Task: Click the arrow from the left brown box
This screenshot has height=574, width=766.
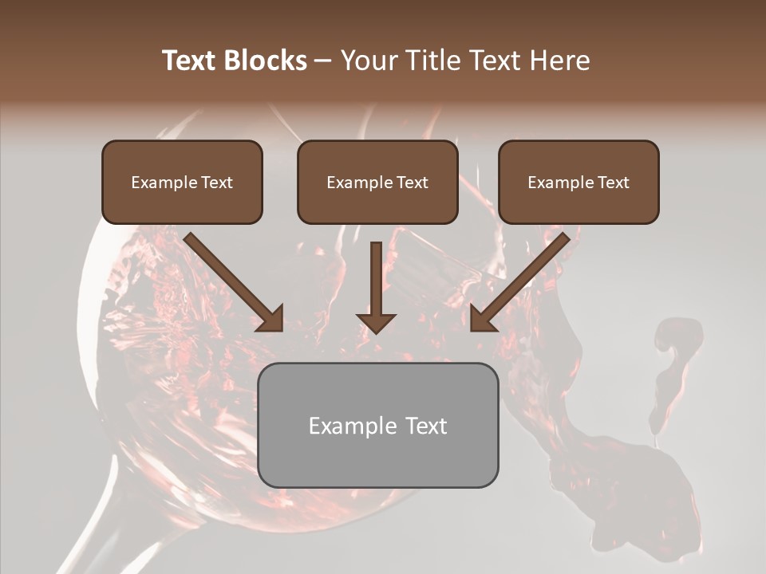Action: point(231,279)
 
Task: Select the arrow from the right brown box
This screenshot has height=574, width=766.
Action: point(523,279)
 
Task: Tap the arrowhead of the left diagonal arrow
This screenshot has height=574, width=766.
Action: point(271,319)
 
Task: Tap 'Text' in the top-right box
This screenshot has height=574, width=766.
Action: point(613,183)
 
